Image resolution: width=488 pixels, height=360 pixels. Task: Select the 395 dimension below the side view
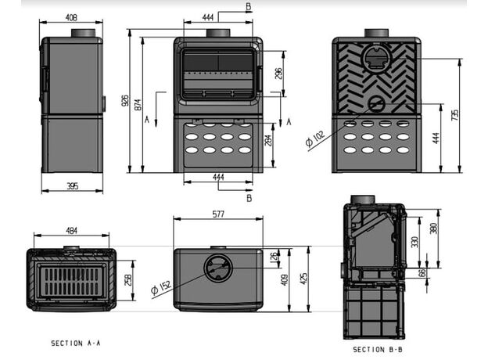(x=71, y=185)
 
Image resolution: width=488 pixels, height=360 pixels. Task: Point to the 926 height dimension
(x=126, y=101)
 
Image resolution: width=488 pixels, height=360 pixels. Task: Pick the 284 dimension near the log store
(x=269, y=142)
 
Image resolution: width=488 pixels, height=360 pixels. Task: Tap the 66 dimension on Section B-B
(x=423, y=273)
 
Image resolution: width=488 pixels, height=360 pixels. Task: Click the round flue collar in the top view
(x=217, y=268)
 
